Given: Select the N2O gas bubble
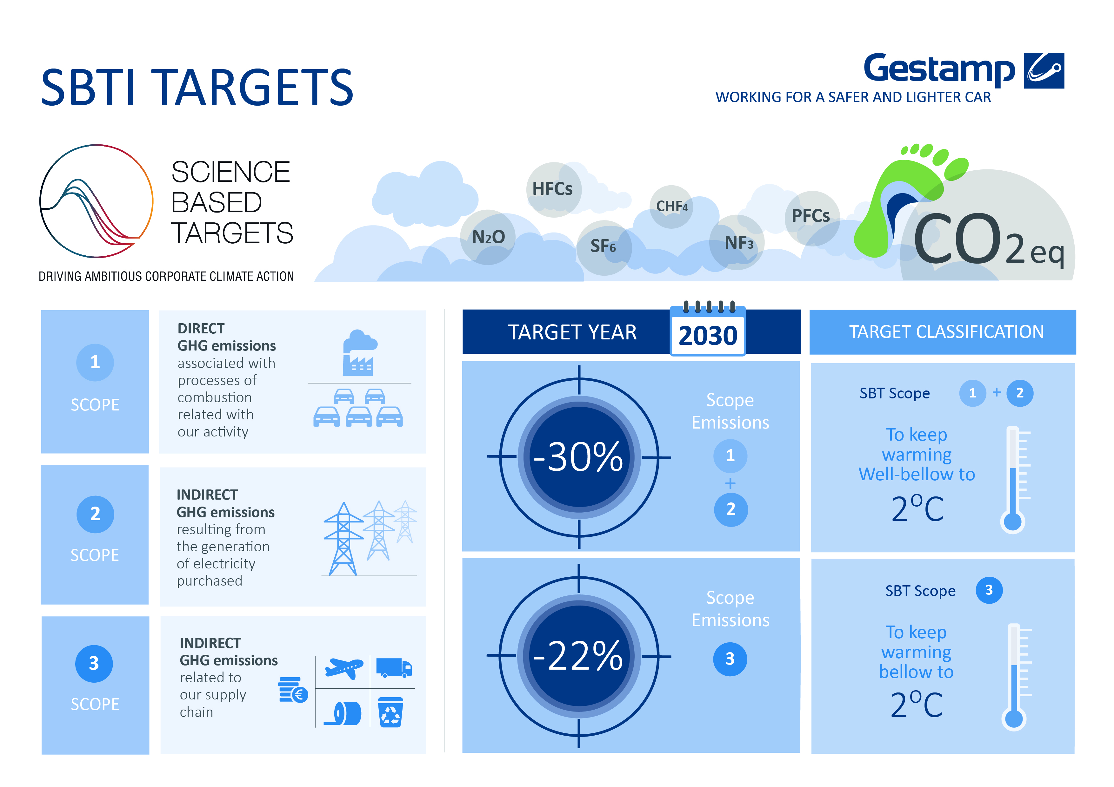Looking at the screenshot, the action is click(x=488, y=237).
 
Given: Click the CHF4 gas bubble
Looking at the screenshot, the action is click(x=671, y=207).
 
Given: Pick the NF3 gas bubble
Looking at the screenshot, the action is click(x=737, y=242).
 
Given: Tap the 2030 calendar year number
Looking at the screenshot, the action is click(x=708, y=336).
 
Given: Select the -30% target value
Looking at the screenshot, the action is click(x=578, y=457).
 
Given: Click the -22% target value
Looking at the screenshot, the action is click(x=578, y=656).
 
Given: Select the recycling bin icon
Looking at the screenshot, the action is click(x=390, y=712).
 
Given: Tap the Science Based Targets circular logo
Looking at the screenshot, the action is click(x=96, y=201).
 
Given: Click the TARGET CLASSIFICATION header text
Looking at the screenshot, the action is click(x=946, y=332).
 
